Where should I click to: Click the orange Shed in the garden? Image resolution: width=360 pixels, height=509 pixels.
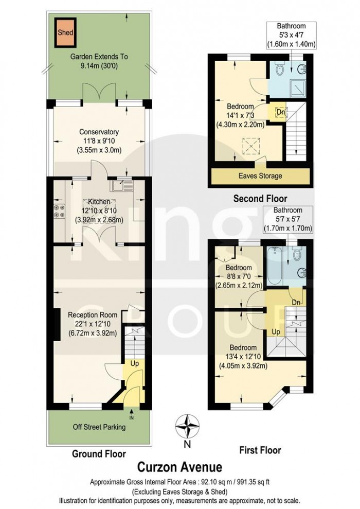click(x=65, y=32)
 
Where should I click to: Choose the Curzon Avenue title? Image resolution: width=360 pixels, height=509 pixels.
click(x=179, y=467)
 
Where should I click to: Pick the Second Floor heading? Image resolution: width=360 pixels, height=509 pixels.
click(x=260, y=198)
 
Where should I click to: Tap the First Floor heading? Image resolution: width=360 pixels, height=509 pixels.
click(x=260, y=450)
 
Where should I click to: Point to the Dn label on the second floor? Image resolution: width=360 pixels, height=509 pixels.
click(x=281, y=112)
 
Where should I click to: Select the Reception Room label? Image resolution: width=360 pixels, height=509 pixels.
click(x=96, y=314)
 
